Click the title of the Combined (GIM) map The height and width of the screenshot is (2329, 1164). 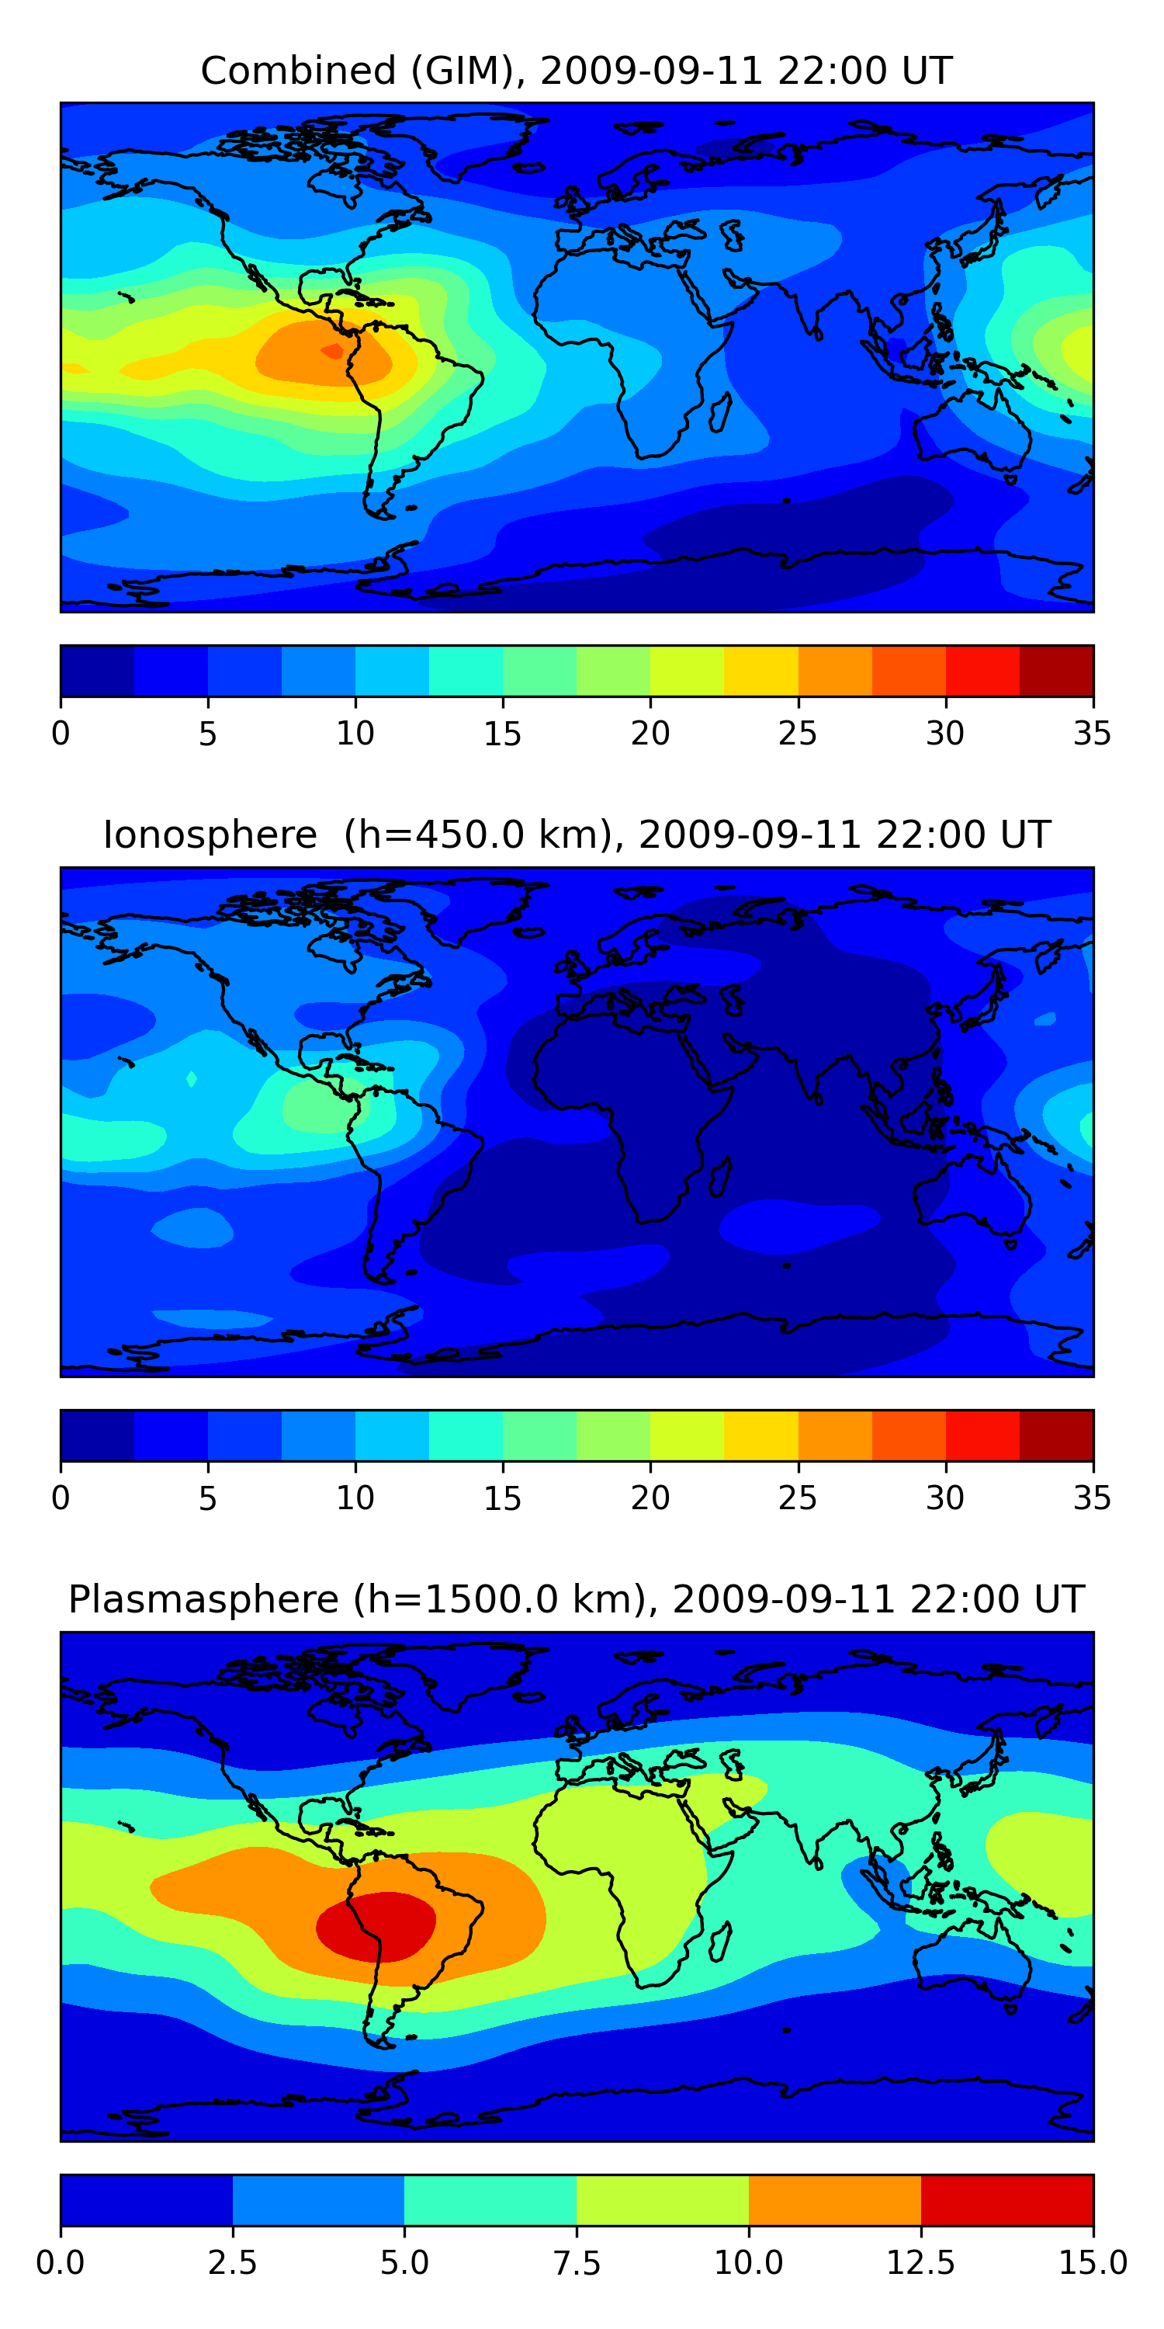577,71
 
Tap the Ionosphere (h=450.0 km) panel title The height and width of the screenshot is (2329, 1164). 577,835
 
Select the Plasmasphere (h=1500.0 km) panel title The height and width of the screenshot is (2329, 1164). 577,1599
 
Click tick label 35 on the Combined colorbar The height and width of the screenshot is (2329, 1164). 1092,733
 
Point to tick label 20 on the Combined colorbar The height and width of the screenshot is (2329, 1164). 650,733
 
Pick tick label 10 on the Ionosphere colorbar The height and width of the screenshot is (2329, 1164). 355,1498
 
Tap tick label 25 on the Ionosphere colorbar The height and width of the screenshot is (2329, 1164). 797,1498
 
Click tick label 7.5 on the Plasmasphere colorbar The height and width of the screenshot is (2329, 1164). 577,2263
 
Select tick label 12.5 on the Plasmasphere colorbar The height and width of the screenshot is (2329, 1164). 920,2263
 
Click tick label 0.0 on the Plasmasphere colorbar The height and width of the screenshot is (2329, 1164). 61,2263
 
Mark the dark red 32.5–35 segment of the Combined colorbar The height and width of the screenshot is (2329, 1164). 1055,671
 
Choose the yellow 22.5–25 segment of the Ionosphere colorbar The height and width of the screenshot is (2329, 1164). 761,1435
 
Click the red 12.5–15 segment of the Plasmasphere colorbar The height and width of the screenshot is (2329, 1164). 1006,2199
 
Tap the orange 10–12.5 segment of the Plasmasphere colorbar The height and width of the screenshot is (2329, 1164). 834,2199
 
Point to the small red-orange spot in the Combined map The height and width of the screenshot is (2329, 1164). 333,351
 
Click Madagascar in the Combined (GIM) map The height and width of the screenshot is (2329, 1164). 720,411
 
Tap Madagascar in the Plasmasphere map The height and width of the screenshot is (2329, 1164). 720,1941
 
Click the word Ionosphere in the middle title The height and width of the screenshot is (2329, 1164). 210,835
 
